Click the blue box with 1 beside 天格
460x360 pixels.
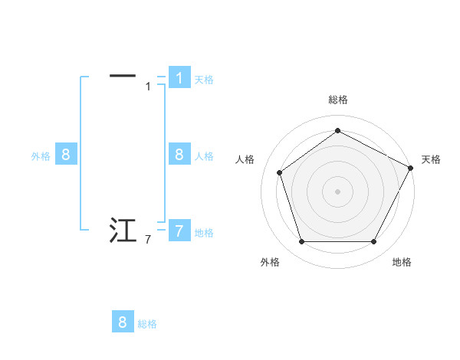pos(179,77)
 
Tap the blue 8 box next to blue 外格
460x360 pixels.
pos(66,155)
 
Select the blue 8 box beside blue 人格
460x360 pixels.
pos(179,155)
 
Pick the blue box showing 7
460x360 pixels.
pos(179,231)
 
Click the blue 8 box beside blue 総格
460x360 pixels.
pos(123,322)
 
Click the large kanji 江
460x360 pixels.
pos(123,230)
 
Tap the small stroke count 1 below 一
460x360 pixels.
pos(148,87)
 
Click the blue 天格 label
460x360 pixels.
pos(204,79)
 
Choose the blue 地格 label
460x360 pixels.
pos(204,233)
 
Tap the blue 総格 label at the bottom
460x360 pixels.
pos(147,324)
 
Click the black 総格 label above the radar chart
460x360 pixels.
pos(338,100)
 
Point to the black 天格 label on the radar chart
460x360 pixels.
pos(431,159)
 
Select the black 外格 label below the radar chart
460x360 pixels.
pos(270,263)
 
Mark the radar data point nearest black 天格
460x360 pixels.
pos(411,167)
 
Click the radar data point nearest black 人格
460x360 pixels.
pos(279,172)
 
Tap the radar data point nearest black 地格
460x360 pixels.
pos(373,242)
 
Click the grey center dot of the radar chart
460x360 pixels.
pos(337,191)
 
